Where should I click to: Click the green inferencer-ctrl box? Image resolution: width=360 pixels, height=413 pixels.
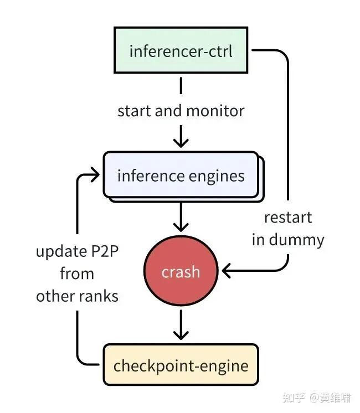[181, 51]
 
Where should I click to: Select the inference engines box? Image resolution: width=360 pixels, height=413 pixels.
[181, 176]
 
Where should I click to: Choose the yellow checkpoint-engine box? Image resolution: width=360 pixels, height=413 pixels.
[181, 365]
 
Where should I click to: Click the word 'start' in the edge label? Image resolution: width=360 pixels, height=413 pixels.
[134, 111]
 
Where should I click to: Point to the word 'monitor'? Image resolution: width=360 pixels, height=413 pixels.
[215, 111]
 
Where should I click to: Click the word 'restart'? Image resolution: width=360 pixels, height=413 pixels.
[288, 218]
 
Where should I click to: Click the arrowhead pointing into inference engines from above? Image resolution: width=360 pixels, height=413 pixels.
[181, 143]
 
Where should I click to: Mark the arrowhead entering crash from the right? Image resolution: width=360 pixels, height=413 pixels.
[227, 271]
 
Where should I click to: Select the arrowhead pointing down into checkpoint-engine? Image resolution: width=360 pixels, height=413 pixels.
[181, 334]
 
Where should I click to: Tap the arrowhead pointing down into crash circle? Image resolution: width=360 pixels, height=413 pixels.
[181, 227]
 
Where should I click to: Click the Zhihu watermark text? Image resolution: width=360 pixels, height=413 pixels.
[316, 397]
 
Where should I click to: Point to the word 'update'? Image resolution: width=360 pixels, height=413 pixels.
[59, 252]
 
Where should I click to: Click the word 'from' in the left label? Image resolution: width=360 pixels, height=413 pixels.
[77, 274]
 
